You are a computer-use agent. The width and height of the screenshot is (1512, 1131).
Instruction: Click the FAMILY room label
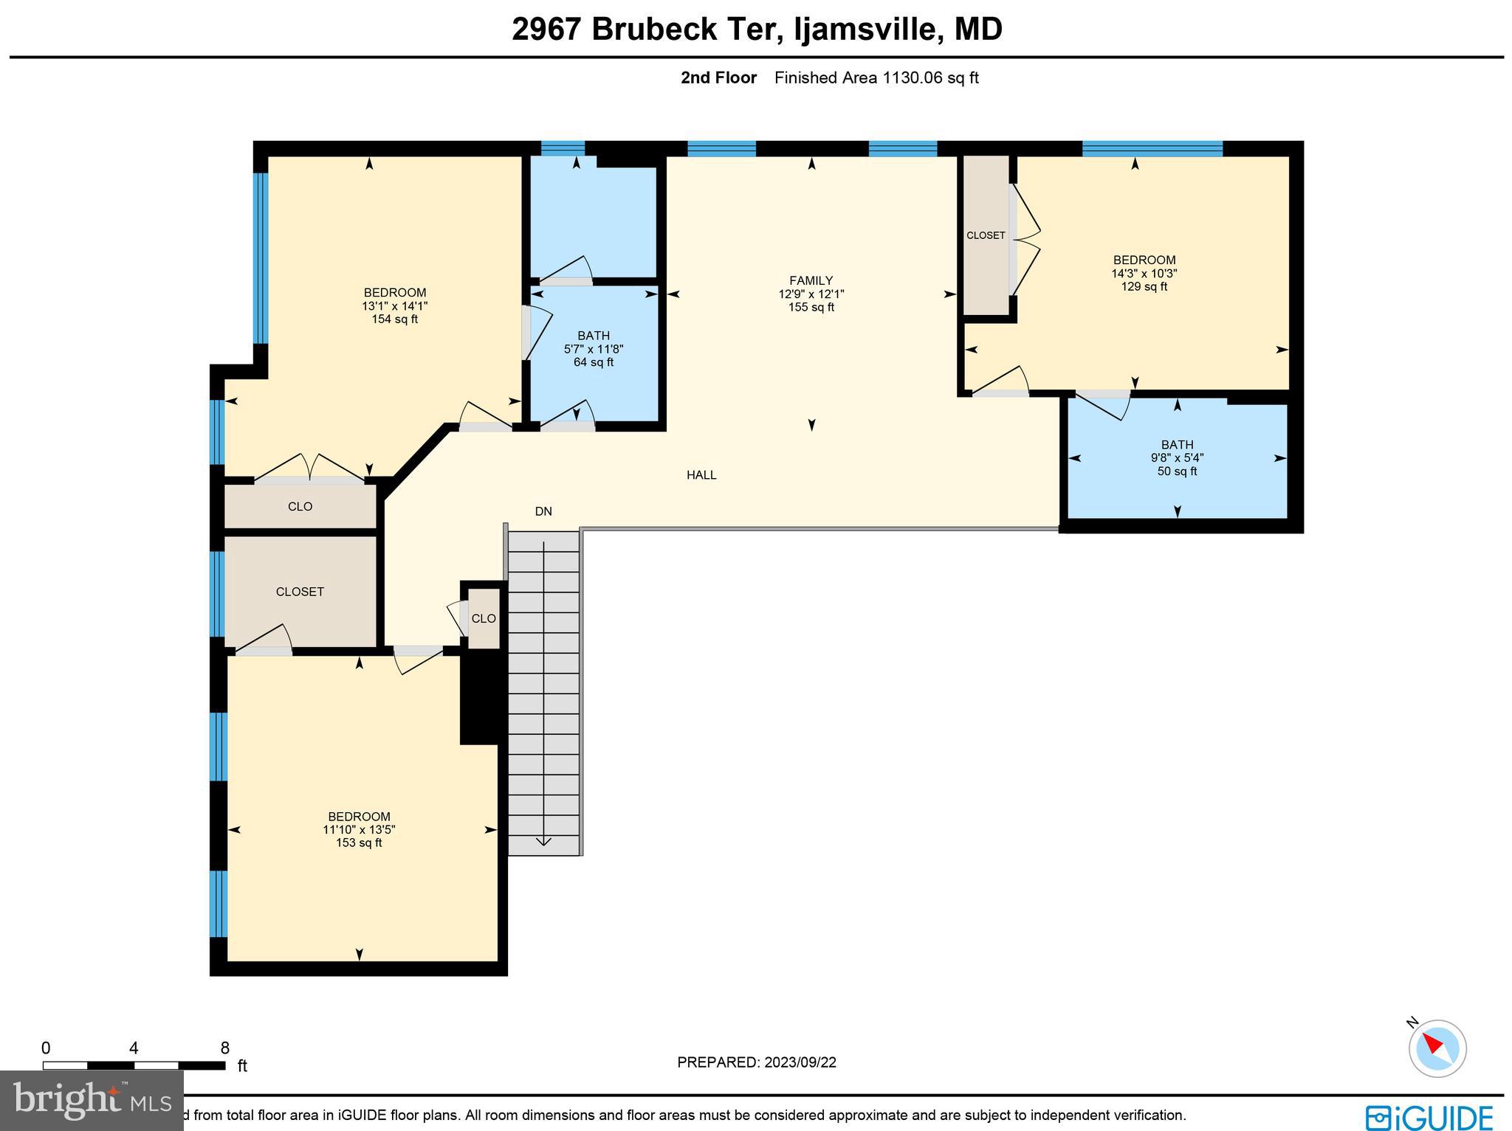[x=811, y=280]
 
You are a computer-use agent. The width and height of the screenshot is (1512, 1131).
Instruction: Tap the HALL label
[x=701, y=475]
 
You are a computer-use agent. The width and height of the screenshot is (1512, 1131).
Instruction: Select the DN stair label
[x=543, y=511]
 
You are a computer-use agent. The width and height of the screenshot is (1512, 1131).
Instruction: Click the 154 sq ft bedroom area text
[x=395, y=319]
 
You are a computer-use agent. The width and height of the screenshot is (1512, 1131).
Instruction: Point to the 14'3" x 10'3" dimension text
[x=1144, y=273]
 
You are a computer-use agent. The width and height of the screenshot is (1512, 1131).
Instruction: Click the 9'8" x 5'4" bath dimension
[x=1177, y=457]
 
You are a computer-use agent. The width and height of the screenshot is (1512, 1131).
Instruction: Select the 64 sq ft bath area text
[x=594, y=362]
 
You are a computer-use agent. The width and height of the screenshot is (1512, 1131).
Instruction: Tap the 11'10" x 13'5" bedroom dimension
[x=359, y=829]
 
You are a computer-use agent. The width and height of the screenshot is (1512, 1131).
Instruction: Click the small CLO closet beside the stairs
[x=484, y=618]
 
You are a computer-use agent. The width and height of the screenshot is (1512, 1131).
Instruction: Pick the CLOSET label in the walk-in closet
[x=300, y=592]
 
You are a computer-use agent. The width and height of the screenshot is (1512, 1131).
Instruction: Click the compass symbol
[x=1437, y=1048]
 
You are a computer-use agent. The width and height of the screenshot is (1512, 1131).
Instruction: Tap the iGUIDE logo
[x=1429, y=1117]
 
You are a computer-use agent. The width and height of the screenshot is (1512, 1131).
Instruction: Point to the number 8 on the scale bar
[x=225, y=1048]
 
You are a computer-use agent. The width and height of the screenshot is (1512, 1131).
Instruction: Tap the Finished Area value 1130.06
[x=913, y=77]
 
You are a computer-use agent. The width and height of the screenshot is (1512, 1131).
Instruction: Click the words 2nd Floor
[x=718, y=77]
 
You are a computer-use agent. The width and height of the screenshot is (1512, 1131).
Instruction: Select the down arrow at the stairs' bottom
[x=543, y=840]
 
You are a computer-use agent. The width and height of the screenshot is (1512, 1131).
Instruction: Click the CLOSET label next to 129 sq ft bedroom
[x=986, y=235]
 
